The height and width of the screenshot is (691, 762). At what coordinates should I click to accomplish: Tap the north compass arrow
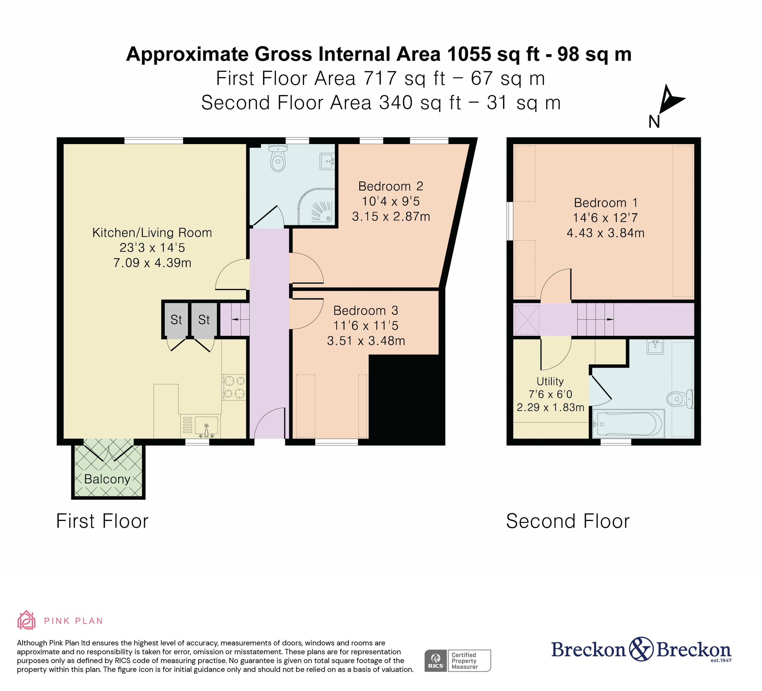(671, 99)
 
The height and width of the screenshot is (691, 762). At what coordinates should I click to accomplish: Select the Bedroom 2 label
(391, 186)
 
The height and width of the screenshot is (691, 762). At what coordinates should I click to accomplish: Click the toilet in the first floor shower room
(278, 158)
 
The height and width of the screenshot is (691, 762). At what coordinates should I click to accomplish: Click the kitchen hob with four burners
(234, 387)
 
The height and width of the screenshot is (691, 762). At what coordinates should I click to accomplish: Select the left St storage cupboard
(176, 319)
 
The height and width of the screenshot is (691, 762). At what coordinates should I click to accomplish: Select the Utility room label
(550, 381)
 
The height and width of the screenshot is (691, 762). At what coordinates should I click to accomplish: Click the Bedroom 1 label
(605, 203)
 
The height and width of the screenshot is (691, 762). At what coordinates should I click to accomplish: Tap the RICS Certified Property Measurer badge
(457, 660)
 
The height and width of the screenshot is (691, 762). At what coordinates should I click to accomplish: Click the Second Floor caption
(568, 521)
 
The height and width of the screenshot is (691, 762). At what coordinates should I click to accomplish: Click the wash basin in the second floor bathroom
(655, 347)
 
